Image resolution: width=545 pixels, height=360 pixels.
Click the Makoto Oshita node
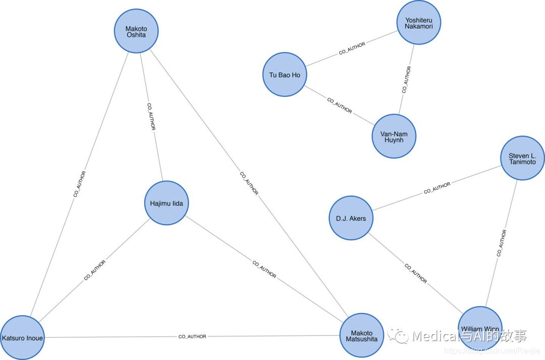[136, 31]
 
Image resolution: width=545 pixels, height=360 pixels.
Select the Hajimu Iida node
[167, 203]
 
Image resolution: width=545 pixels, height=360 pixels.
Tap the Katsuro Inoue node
[22, 337]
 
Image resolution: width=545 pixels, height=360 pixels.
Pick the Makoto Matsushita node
[361, 336]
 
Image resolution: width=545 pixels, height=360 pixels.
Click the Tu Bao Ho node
[285, 75]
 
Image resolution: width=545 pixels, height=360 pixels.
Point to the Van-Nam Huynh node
[394, 136]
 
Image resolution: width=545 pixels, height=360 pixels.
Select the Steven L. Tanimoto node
[523, 159]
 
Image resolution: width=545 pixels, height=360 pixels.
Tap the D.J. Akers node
[351, 218]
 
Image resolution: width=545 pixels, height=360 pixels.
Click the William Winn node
[480, 329]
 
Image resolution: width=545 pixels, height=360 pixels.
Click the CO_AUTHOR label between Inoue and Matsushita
[192, 336]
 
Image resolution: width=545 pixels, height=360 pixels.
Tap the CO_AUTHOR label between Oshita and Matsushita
[249, 184]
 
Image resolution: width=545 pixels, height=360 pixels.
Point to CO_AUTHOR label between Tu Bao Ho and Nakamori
[352, 48]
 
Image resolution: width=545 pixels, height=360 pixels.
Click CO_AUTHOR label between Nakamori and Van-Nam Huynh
[406, 79]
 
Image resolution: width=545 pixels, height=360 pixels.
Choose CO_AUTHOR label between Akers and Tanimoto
[437, 188]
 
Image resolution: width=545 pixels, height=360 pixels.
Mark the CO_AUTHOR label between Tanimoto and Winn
[501, 243]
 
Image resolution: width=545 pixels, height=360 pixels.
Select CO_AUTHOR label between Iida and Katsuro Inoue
[95, 271]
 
